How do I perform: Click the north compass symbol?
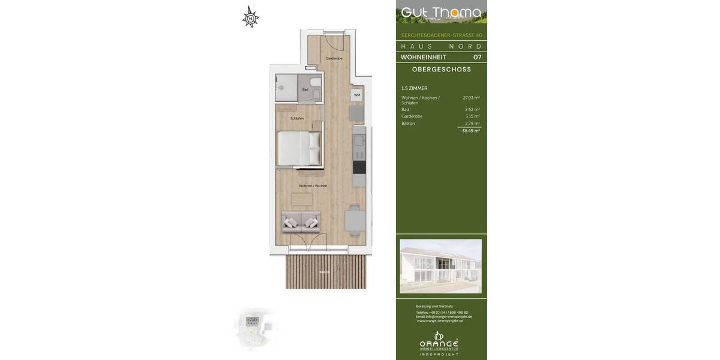tap(250, 17)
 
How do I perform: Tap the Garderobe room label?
tap(334, 58)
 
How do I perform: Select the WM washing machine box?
tap(357, 95)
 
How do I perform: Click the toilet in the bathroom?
tap(316, 85)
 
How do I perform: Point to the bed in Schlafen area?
tap(298, 148)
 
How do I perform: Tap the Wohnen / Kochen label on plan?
tap(313, 185)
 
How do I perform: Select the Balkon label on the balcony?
tap(325, 272)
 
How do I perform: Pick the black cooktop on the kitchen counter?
tap(359, 167)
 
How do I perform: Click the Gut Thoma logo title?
tap(441, 13)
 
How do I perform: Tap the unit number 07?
tap(477, 57)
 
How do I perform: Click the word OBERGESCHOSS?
tap(442, 70)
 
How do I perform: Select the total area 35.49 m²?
tap(470, 130)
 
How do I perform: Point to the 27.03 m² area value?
tap(471, 97)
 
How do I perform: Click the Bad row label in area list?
tap(405, 109)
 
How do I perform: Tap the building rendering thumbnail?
tap(440, 266)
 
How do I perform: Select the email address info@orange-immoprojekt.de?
tap(444, 316)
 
